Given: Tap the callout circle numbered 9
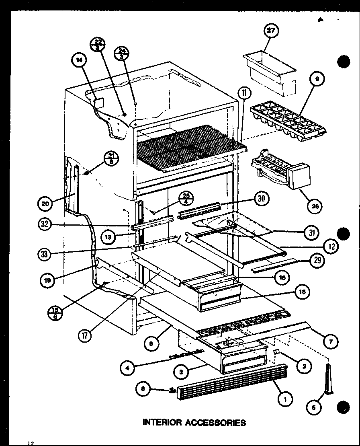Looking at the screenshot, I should point(317,80).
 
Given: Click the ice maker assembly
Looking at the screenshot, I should point(278,171).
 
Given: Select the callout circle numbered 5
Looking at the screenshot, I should point(311,407).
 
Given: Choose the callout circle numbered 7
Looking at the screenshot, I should point(330,342).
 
